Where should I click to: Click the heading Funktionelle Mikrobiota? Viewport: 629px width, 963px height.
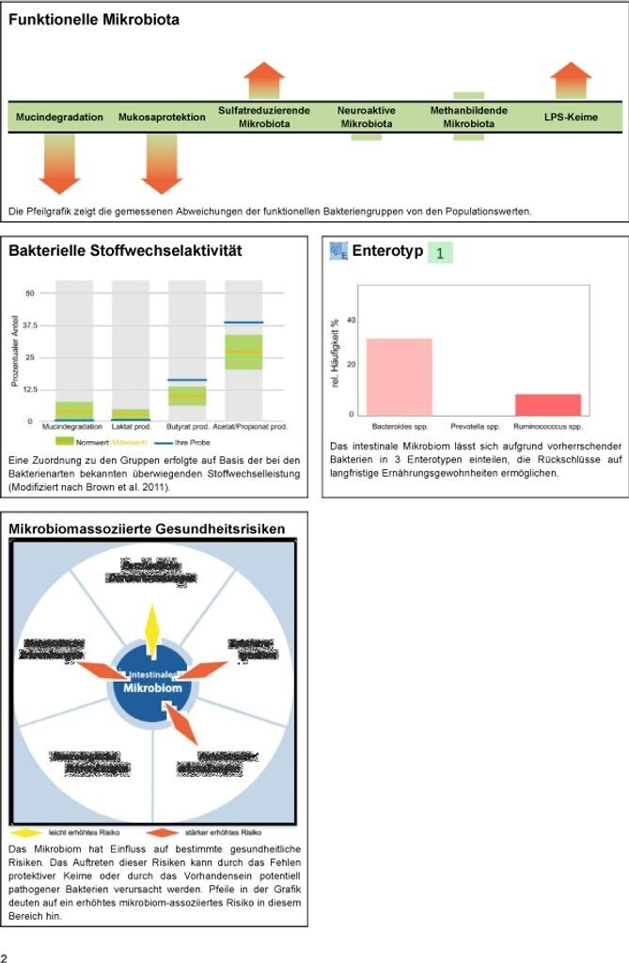tap(94, 19)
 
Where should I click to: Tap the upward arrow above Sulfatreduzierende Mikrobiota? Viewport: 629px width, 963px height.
tap(264, 81)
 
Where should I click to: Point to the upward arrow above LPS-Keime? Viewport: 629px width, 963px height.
tap(571, 81)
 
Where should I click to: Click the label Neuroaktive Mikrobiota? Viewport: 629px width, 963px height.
tap(367, 117)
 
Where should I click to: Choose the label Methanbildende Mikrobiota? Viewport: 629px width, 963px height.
tap(469, 117)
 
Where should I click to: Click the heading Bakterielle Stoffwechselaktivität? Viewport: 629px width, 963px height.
tap(125, 251)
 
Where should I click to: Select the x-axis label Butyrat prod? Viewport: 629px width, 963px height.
tap(186, 427)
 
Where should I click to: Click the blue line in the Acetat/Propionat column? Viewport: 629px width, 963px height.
tap(244, 323)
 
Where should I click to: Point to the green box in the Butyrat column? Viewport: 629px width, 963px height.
tap(187, 395)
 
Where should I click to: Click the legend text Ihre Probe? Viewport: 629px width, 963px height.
tap(192, 441)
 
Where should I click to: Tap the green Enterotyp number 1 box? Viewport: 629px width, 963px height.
tap(439, 253)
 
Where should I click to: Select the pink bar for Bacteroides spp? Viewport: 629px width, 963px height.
tap(400, 376)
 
